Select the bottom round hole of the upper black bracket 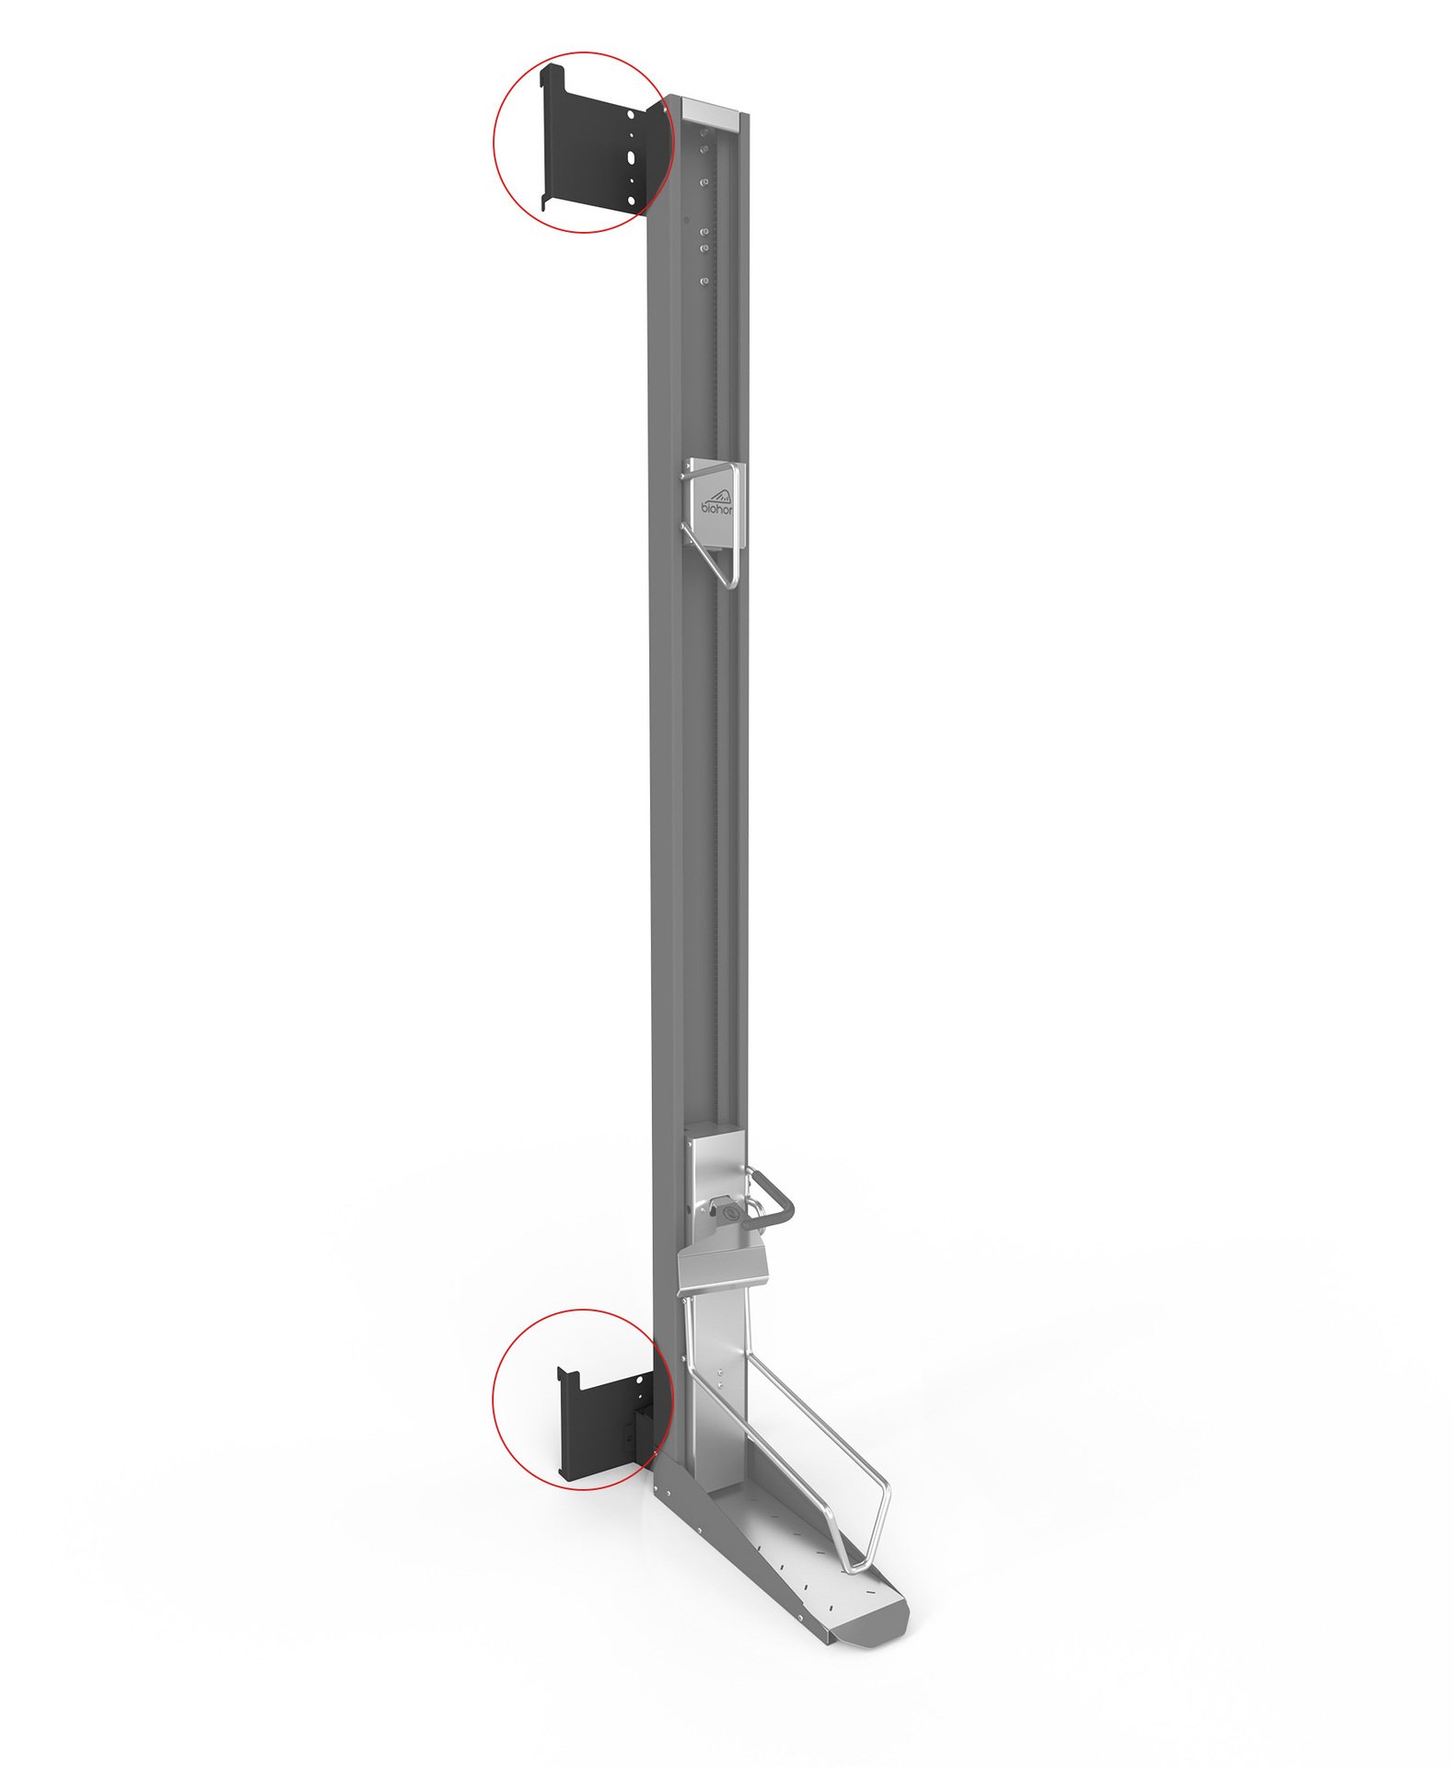click(631, 199)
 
